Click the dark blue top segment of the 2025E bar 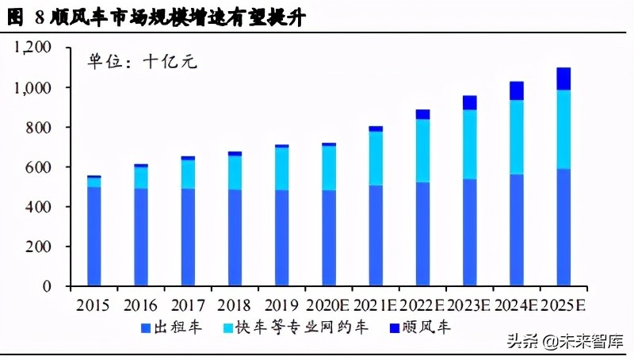pyautogui.click(x=563, y=79)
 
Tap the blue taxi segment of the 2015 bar pyautogui.click(x=94, y=236)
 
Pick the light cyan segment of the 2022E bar pyautogui.click(x=422, y=151)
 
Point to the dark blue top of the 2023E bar pyautogui.click(x=470, y=102)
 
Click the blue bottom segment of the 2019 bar pyautogui.click(x=282, y=237)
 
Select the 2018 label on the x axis pyautogui.click(x=235, y=305)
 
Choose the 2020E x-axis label pyautogui.click(x=327, y=305)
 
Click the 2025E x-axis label pyautogui.click(x=564, y=305)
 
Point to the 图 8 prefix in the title pyautogui.click(x=28, y=17)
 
